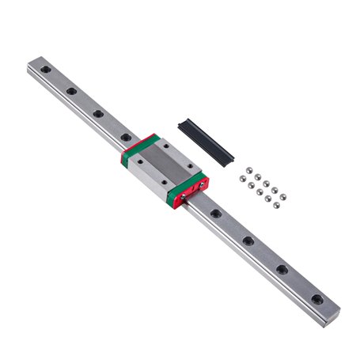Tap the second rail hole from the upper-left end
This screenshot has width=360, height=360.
point(71,92)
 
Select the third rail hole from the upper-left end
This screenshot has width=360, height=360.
point(98,114)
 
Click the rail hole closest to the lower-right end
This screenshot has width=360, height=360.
point(316,299)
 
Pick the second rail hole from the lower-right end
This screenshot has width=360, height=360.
point(282,269)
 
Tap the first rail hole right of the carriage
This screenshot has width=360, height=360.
point(216,214)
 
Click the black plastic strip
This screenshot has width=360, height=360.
point(204,138)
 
